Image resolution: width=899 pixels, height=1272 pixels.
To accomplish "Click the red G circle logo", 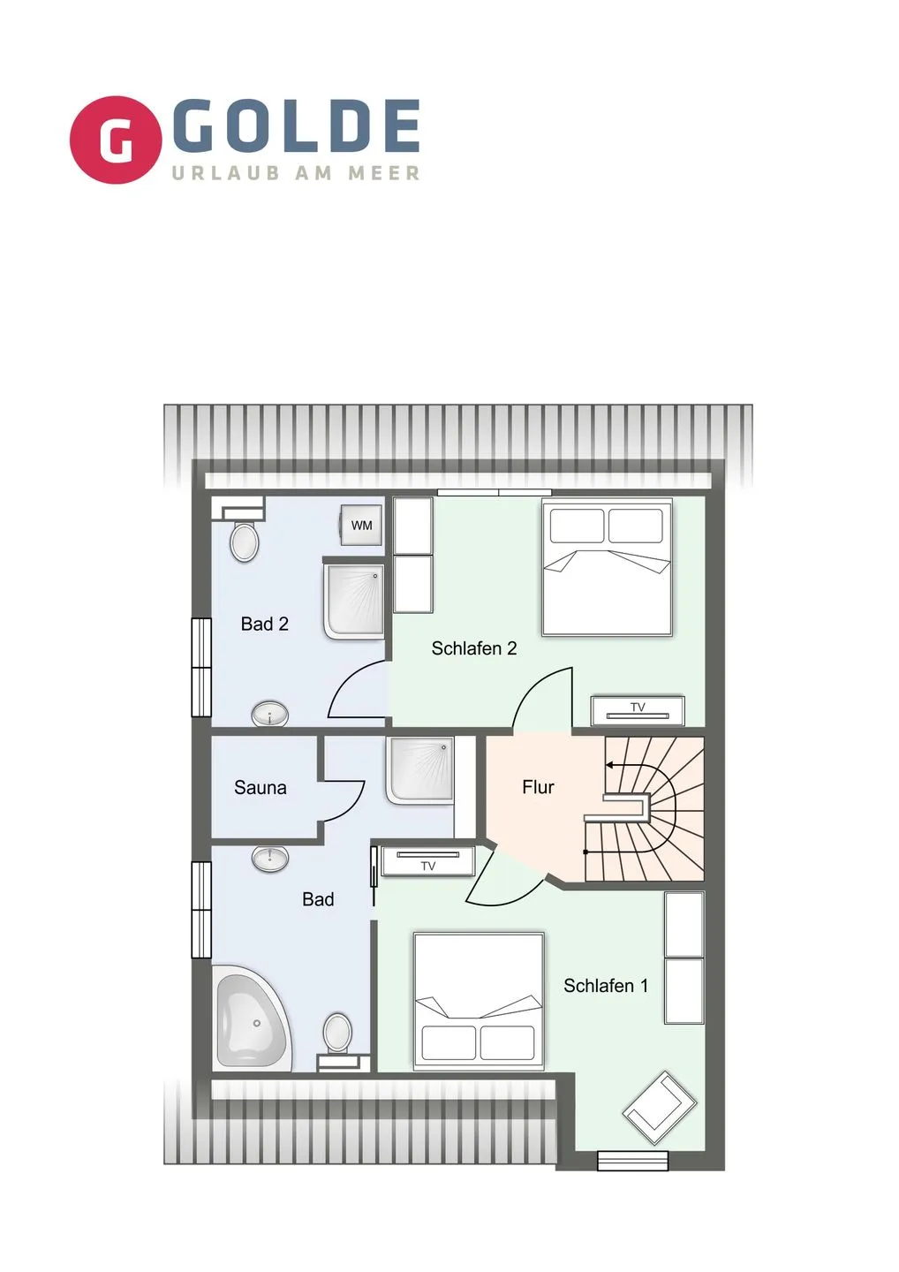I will click(116, 140).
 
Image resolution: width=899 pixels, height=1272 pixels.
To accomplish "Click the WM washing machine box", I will click(361, 526).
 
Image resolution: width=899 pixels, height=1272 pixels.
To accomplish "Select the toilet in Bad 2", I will click(245, 541).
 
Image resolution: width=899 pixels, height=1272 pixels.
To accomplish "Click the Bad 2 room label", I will click(264, 625).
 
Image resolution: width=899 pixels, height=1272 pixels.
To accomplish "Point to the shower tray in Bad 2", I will click(355, 601).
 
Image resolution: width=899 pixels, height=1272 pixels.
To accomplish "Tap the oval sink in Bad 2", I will click(270, 714).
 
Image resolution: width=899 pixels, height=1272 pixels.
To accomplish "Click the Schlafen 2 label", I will click(473, 648).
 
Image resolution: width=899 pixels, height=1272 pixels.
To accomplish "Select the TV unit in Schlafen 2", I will click(638, 709).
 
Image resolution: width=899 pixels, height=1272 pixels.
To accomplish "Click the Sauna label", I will click(260, 788).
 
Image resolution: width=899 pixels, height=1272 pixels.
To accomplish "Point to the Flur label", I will click(538, 787).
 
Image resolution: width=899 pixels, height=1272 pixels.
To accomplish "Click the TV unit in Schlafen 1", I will click(428, 861).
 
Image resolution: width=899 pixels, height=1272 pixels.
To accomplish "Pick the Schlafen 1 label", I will click(606, 986).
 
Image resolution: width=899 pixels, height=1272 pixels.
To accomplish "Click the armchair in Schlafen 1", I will click(659, 1108).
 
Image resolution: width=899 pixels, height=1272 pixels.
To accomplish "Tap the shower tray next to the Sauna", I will click(419, 770).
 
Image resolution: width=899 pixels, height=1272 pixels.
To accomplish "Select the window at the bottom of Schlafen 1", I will click(632, 1160).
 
